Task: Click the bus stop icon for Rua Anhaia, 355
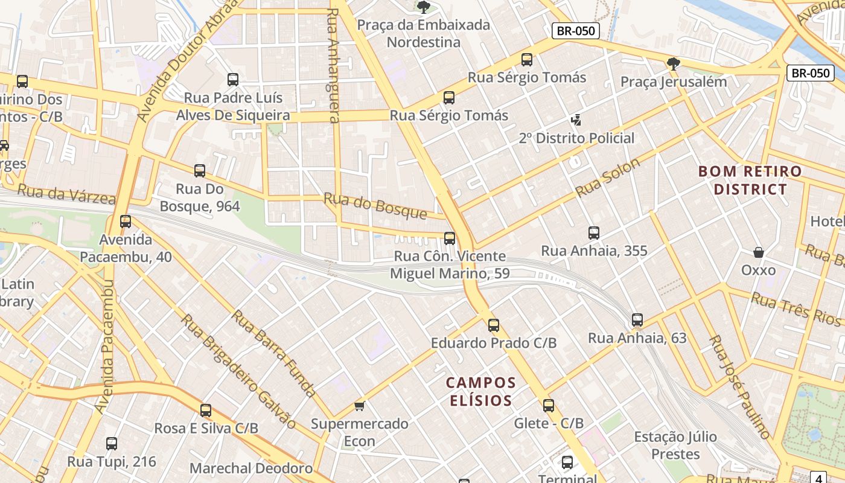click(x=594, y=233)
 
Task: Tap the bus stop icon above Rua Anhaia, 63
click(x=637, y=320)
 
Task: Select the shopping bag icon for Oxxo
click(x=759, y=252)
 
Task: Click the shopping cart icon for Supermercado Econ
click(x=360, y=406)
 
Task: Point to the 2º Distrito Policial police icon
click(x=577, y=120)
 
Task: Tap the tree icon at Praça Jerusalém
click(x=674, y=63)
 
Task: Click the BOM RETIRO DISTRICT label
click(x=750, y=180)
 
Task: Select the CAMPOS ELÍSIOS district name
click(x=481, y=391)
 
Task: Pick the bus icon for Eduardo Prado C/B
click(x=494, y=325)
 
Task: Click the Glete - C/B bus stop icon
click(x=549, y=406)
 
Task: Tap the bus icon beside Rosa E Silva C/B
click(x=206, y=411)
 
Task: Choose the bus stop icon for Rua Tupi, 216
click(x=112, y=444)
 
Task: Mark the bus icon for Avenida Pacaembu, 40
click(x=126, y=222)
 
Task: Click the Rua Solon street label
click(x=608, y=178)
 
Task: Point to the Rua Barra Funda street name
click(x=274, y=353)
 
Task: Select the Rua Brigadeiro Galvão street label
click(x=238, y=371)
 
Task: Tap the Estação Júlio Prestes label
click(x=666, y=445)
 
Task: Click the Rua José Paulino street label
click(x=740, y=387)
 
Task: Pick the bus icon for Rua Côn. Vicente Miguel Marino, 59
click(x=450, y=238)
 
